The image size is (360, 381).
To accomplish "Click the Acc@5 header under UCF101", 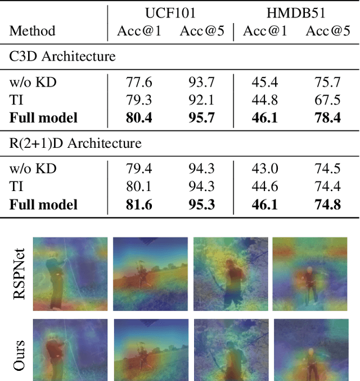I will pos(202,30).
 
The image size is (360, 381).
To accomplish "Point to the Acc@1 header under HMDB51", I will pos(265,30).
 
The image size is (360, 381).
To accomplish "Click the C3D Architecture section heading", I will pos(62,56).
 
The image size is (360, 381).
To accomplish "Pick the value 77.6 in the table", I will pos(139,83).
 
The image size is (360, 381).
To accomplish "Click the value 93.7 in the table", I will pos(202,83).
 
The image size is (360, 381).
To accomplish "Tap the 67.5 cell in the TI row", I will pos(328,100).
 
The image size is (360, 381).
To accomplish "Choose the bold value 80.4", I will pos(139,118).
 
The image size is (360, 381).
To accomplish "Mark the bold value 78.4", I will pos(328,118).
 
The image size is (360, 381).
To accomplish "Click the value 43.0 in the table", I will pos(265,169).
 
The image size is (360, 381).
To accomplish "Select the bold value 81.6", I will pos(139,205).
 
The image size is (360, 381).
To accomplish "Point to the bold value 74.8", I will pos(328,205).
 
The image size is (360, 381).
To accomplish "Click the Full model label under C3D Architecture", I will pos(43,118).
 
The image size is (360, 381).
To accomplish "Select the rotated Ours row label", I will pos(19,355).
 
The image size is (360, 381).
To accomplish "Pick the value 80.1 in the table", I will pos(139,187).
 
